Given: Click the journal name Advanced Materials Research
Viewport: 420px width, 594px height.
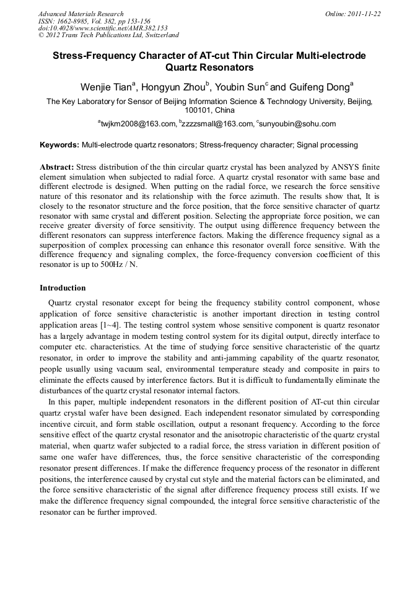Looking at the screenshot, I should (x=81, y=14).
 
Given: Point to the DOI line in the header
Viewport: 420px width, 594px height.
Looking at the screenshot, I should (x=103, y=28).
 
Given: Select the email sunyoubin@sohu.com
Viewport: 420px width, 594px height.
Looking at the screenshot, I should (x=298, y=124).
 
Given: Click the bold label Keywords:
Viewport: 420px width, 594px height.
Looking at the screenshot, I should (x=59, y=145).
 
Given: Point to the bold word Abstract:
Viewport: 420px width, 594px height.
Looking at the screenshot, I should (x=57, y=167).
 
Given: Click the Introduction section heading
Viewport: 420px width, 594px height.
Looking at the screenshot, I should (x=63, y=288).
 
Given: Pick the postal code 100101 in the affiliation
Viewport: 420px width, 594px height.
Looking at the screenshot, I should (x=199, y=110).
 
